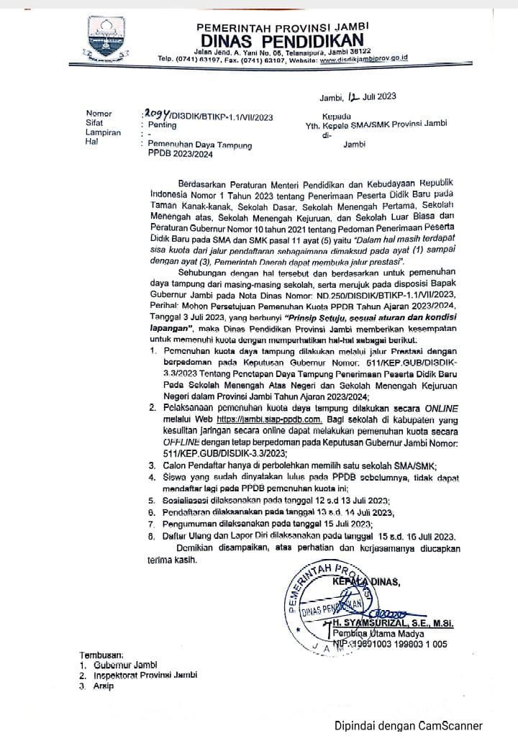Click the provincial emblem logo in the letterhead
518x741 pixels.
(x=107, y=38)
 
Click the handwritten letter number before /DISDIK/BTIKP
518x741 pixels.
(x=158, y=114)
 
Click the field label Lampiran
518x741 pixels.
(x=102, y=135)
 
